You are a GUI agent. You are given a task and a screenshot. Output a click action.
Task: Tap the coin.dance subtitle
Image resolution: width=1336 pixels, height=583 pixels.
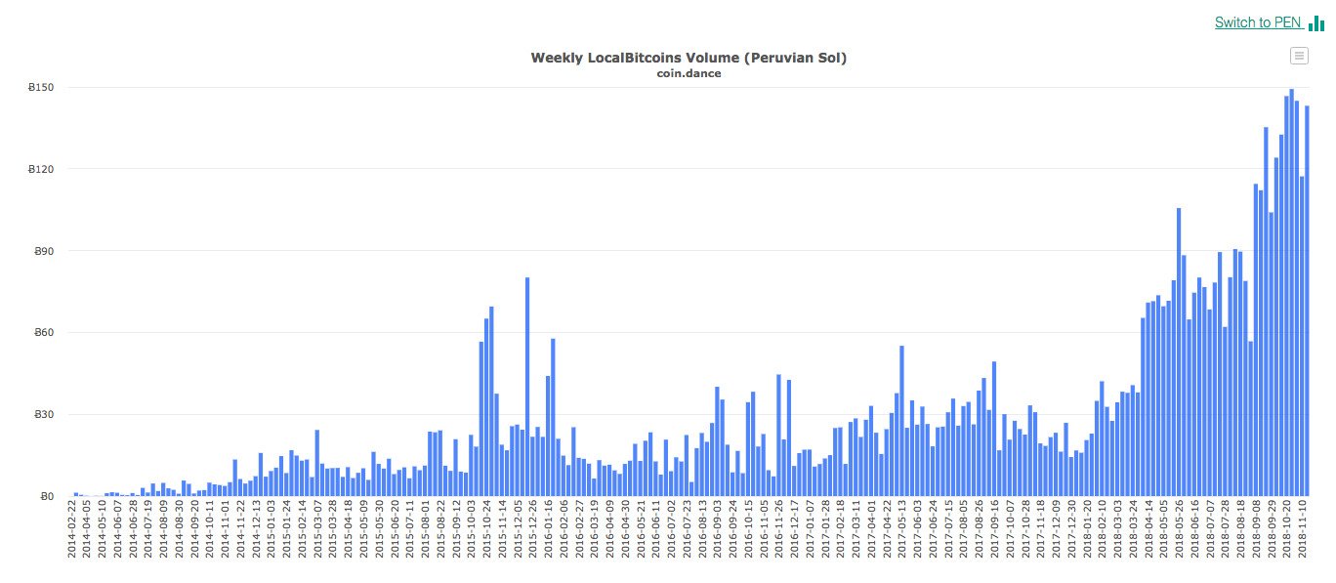689,74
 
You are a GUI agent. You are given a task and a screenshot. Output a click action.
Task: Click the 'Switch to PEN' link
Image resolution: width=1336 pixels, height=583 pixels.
1258,22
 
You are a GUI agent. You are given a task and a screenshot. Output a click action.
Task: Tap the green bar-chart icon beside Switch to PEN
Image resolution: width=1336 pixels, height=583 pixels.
1316,23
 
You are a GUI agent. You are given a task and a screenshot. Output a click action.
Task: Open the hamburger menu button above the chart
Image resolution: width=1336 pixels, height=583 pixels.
1299,56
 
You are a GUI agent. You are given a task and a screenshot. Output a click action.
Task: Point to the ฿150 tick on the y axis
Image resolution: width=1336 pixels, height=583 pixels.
41,88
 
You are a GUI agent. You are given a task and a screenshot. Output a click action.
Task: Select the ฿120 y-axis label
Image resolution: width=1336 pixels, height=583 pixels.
41,170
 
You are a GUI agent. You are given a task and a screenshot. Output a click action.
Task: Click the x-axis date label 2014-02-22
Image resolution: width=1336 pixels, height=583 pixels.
71,531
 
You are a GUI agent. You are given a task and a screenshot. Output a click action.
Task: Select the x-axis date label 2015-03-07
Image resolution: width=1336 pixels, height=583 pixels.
317,531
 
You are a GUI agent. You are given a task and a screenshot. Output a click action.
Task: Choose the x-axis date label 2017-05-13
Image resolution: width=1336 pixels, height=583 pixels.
901,531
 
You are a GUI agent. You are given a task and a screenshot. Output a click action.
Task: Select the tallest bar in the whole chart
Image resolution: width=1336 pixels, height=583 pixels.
1291,293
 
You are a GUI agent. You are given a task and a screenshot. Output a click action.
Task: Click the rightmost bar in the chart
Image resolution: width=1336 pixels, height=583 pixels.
1307,303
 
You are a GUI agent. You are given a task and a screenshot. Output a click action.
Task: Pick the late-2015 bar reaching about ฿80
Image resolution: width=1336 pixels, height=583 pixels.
527,391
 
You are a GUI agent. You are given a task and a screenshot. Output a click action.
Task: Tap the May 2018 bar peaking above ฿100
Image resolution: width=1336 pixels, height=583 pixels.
1179,352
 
